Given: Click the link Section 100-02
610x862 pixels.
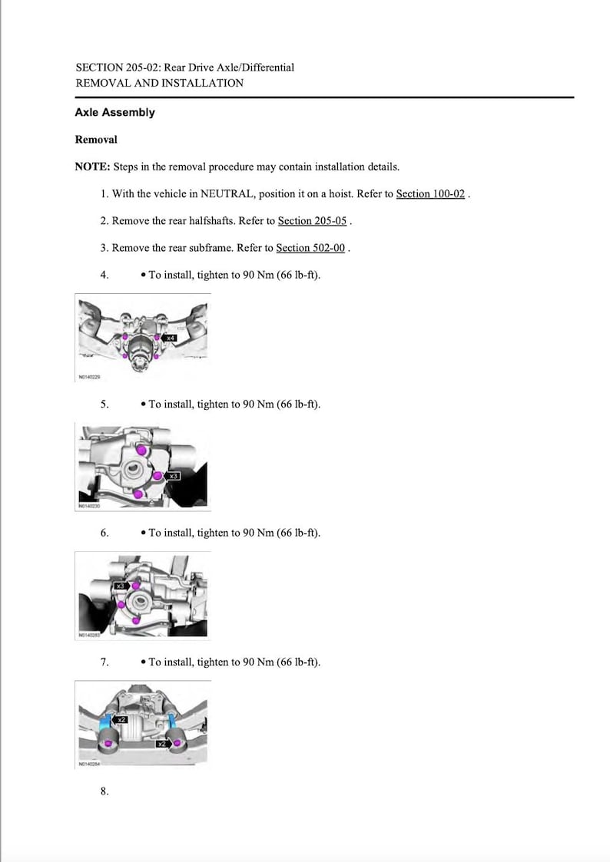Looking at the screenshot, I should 430,194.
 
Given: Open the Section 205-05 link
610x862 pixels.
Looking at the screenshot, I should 312,221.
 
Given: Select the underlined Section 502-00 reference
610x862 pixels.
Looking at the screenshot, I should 310,248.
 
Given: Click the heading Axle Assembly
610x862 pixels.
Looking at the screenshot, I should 114,113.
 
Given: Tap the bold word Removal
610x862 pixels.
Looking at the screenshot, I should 96,140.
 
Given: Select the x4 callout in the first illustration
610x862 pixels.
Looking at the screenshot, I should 171,338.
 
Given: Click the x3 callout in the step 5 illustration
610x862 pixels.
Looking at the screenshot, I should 173,477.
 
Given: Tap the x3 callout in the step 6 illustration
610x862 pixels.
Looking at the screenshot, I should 120,586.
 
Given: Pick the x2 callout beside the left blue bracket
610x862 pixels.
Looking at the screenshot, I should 121,720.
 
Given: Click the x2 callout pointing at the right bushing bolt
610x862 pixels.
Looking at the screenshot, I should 162,744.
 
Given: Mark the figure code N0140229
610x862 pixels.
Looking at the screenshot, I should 90,377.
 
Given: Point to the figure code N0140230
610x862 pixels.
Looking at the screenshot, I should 90,506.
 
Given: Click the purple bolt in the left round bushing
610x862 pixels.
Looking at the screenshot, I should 108,743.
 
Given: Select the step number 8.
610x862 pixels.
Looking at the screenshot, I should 104,791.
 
